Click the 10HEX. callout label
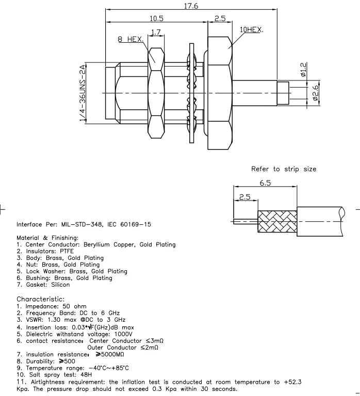click(x=251, y=30)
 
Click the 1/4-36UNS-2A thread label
click(x=83, y=93)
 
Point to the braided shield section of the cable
click(x=277, y=221)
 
